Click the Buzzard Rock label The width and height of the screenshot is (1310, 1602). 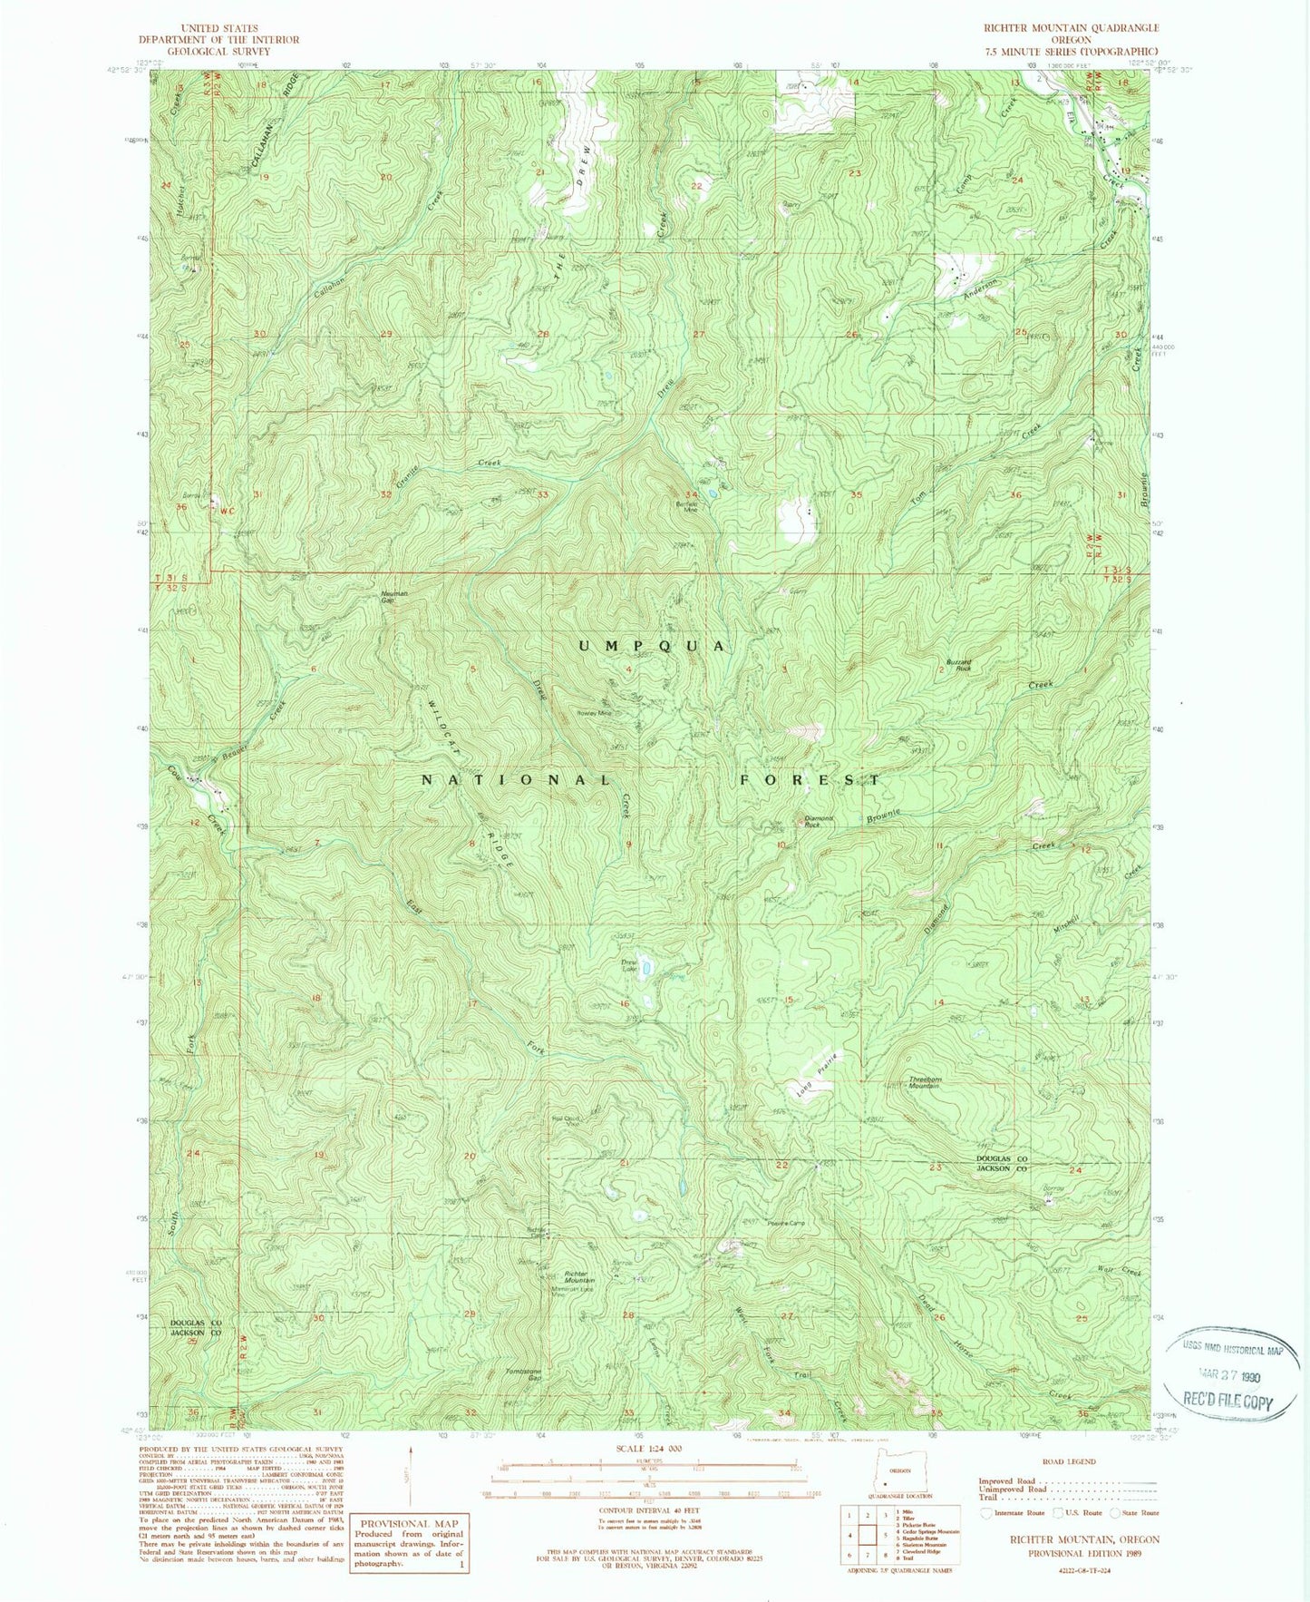(x=958, y=665)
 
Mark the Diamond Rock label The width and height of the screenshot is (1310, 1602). (x=819, y=822)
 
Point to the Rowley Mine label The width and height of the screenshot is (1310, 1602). (x=595, y=713)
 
